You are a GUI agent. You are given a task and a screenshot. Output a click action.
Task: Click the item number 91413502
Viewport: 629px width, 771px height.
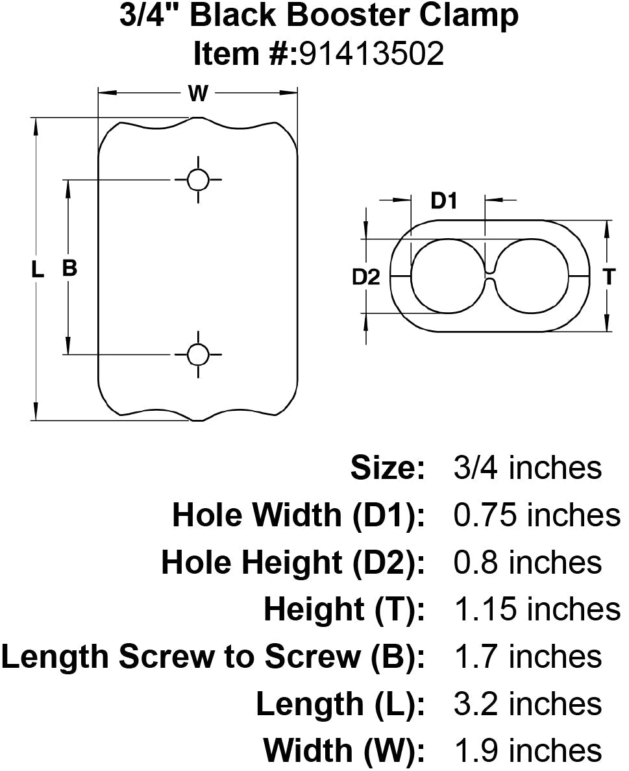click(372, 53)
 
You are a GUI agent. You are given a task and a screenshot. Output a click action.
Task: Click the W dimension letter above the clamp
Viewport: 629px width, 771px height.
click(198, 93)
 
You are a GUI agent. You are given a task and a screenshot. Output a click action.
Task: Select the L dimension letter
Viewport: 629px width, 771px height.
click(38, 269)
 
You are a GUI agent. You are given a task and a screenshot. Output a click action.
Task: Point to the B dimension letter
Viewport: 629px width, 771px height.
click(69, 268)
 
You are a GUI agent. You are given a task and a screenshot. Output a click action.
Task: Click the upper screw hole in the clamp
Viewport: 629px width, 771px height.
click(198, 180)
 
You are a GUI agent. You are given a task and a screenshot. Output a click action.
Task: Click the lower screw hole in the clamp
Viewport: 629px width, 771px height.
click(198, 354)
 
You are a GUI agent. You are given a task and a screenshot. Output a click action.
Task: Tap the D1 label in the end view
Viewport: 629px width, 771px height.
click(444, 201)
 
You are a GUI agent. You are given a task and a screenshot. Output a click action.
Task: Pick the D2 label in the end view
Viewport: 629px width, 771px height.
click(366, 277)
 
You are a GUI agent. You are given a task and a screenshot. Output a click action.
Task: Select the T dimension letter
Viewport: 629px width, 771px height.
click(609, 277)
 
